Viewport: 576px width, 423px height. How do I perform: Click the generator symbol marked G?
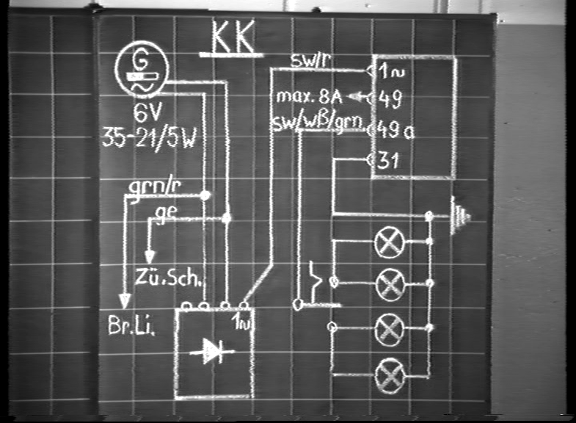pos(142,68)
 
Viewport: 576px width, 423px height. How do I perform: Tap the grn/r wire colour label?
pos(155,188)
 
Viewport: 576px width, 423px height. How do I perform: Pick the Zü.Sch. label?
pos(167,278)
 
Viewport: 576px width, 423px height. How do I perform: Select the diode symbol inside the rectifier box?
pos(211,353)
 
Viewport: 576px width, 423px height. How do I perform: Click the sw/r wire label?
pos(309,61)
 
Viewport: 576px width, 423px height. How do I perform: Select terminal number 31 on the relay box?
pos(389,159)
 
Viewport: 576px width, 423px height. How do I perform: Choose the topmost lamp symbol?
pos(388,242)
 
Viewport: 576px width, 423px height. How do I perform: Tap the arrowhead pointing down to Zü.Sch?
pos(150,256)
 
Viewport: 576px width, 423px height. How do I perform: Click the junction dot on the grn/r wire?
pos(205,195)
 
